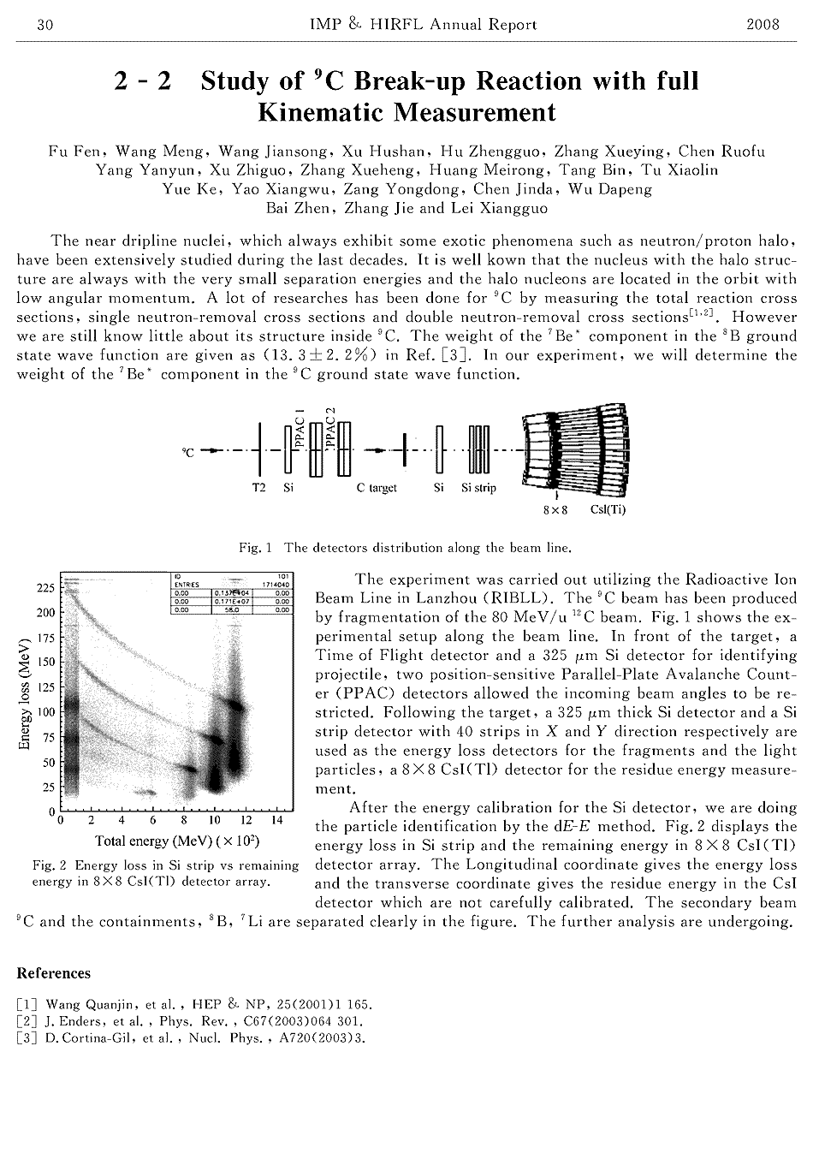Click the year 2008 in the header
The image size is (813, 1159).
[763, 24]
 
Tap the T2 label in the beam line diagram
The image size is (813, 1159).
[259, 488]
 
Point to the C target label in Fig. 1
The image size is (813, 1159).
[377, 488]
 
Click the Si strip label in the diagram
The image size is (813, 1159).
[478, 488]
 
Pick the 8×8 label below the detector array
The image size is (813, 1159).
[556, 510]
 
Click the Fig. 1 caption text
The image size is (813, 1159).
[406, 547]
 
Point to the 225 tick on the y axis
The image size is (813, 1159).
[45, 588]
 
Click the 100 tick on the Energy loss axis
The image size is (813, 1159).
[45, 712]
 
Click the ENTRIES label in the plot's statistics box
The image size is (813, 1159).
[186, 585]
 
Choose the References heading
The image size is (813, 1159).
[53, 972]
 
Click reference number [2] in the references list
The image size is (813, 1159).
[27, 1021]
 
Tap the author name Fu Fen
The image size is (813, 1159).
[71, 152]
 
